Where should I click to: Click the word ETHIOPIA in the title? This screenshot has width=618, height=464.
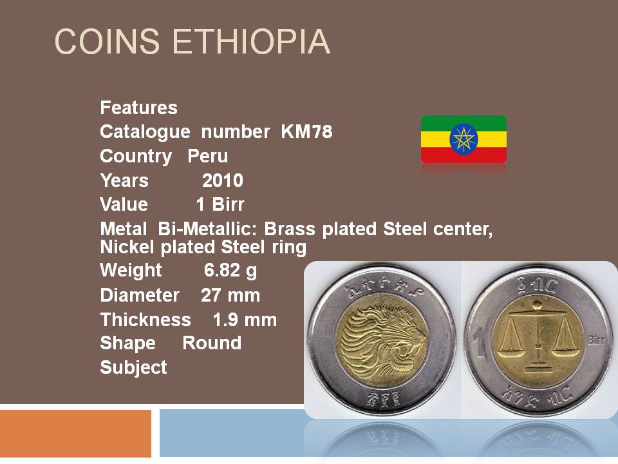point(251,41)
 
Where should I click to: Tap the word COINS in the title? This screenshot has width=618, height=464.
point(107,41)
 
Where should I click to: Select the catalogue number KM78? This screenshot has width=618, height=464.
point(306,131)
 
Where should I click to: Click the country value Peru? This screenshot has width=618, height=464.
point(208,156)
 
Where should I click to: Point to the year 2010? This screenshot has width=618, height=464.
point(223,180)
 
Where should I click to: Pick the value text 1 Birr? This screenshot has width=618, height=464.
point(220,205)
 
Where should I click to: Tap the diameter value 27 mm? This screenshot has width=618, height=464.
point(230,296)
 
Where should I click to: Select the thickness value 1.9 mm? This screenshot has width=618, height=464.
point(245,320)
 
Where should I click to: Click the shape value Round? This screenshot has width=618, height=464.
point(212,343)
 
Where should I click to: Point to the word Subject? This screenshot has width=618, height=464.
point(134,368)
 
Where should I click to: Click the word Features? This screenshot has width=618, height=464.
point(139,108)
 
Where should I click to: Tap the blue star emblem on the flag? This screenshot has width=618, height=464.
point(464,139)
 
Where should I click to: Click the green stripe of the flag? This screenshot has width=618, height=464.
point(464,124)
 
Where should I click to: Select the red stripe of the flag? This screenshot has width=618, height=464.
point(464,155)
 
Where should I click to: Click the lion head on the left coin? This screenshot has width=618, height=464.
point(382,340)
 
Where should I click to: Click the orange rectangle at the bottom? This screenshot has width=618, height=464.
point(75,433)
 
